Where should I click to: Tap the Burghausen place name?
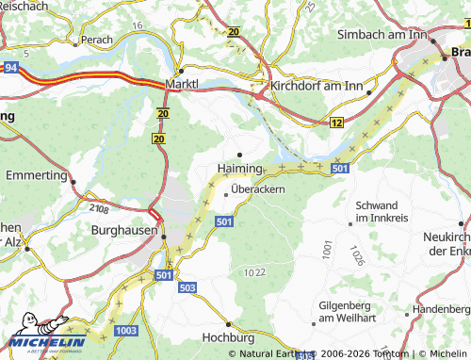pyautogui.click(x=122, y=229)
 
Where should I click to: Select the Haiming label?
pyautogui.click(x=239, y=168)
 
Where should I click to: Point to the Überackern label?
pyautogui.click(x=258, y=188)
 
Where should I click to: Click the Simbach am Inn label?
pyautogui.click(x=382, y=34)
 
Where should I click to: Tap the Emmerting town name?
pyautogui.click(x=36, y=175)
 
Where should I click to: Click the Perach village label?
pyautogui.click(x=97, y=41)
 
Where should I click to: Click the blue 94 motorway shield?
pyautogui.click(x=10, y=68)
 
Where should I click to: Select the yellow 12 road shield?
pyautogui.click(x=336, y=123)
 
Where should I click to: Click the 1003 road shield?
pyautogui.click(x=125, y=332)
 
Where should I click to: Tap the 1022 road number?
pyautogui.click(x=254, y=272)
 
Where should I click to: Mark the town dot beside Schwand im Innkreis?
pyautogui.click(x=350, y=222)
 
